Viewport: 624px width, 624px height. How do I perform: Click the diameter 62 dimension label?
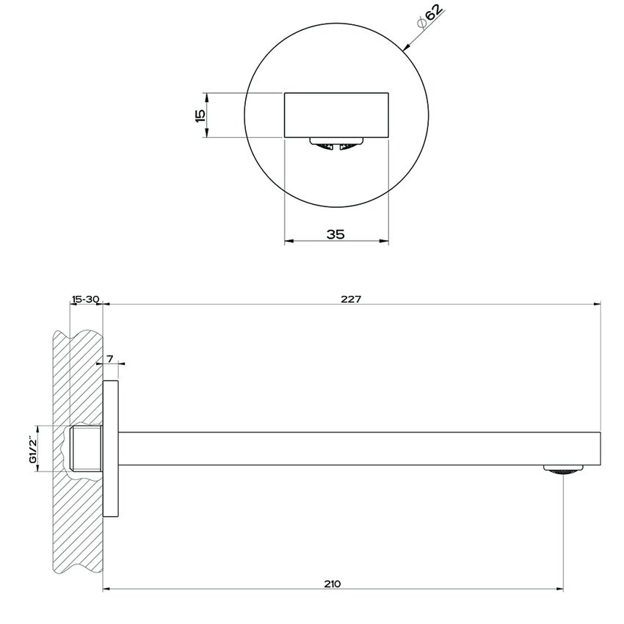pyautogui.click(x=430, y=16)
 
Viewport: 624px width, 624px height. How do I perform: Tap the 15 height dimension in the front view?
pyautogui.click(x=199, y=115)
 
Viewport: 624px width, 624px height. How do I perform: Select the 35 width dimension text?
pyautogui.click(x=335, y=234)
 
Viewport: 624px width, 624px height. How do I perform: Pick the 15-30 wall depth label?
pyautogui.click(x=85, y=299)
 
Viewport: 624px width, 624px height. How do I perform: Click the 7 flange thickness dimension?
pyautogui.click(x=110, y=358)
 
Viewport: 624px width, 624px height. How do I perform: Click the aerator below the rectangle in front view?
pyautogui.click(x=335, y=144)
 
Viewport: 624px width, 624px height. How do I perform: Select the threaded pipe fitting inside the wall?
pyautogui.click(x=86, y=448)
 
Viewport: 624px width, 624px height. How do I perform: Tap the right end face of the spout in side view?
pyautogui.click(x=601, y=449)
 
